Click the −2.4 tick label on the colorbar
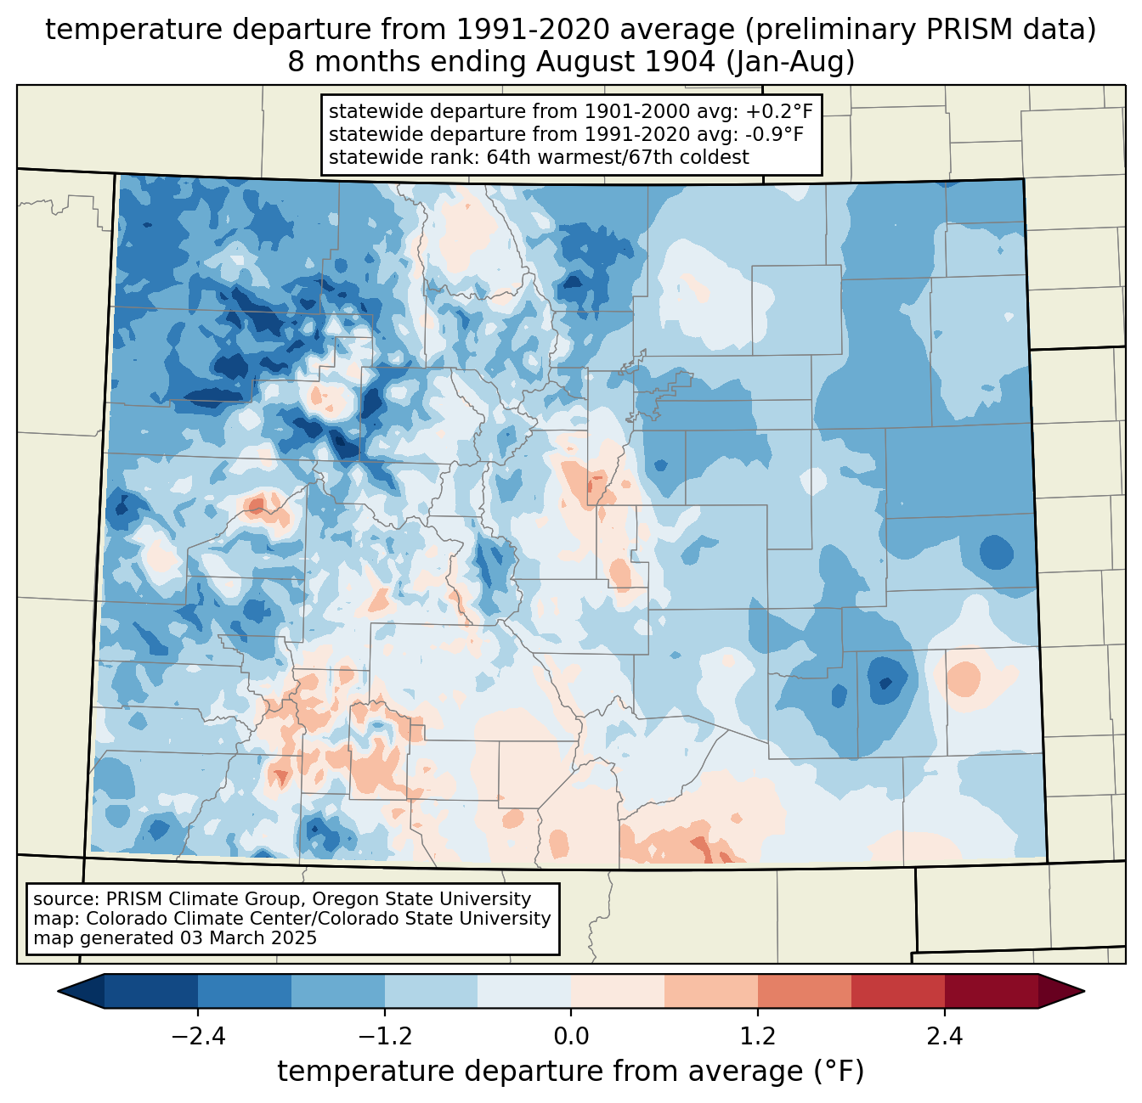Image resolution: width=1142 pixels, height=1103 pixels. tap(198, 1037)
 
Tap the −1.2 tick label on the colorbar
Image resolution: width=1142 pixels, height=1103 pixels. tap(385, 1037)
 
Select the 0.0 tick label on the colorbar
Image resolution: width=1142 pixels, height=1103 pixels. tap(571, 1037)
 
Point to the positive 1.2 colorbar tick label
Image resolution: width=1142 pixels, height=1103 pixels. tap(758, 1037)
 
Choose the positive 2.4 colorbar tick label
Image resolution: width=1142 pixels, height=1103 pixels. tap(944, 1037)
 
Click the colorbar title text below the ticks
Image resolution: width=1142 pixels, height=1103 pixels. tap(570, 1072)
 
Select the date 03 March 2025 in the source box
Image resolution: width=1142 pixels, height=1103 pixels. tap(248, 938)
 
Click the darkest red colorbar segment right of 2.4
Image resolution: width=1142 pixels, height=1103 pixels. tap(991, 991)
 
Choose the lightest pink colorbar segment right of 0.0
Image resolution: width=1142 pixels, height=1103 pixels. tap(618, 991)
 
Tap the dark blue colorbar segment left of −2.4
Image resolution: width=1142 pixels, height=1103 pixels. tap(151, 991)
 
